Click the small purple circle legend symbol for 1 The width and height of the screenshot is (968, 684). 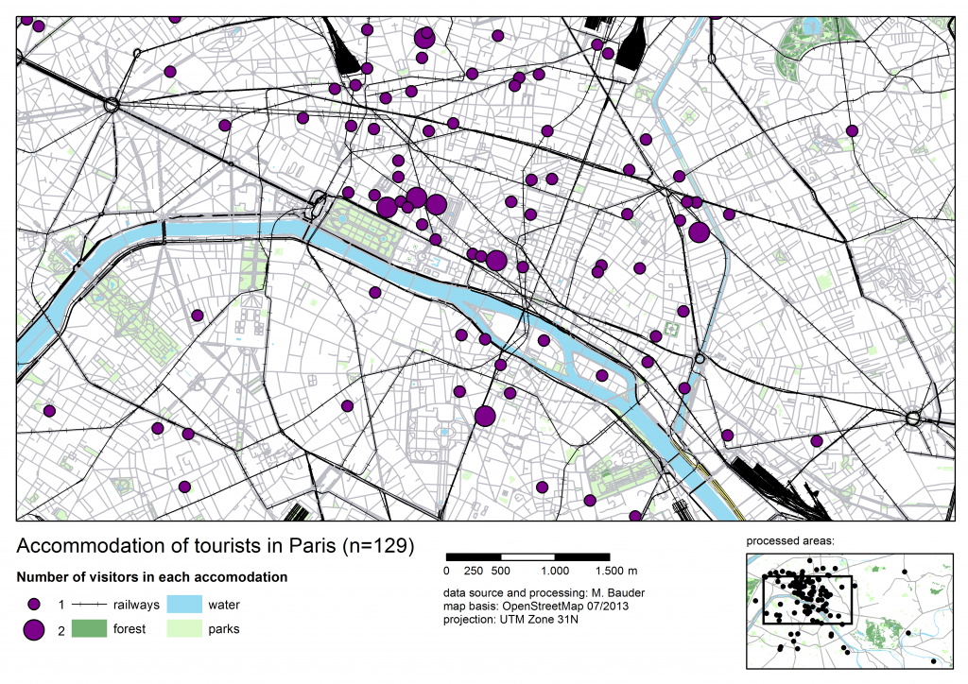(x=34, y=603)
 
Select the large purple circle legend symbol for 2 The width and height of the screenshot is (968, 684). (x=34, y=629)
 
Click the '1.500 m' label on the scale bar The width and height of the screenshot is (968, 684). (x=617, y=571)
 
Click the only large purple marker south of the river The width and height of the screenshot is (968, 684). (x=486, y=416)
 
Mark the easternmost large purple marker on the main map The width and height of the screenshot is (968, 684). (x=700, y=232)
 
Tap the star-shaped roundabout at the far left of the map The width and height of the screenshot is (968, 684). (x=112, y=106)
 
